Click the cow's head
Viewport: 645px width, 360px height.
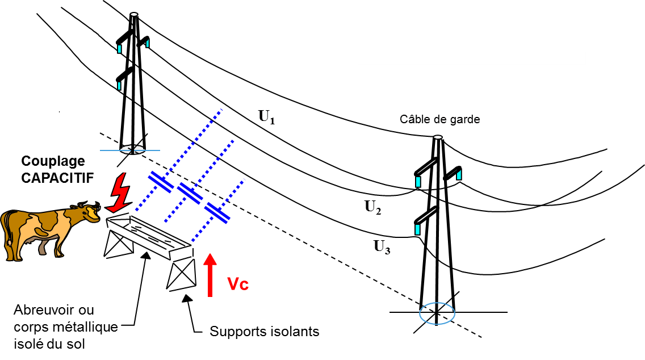point(89,214)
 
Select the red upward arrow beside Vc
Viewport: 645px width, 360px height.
point(210,275)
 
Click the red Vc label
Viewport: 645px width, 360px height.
point(238,283)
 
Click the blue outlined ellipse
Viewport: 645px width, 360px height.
point(437,313)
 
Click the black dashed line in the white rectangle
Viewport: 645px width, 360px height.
point(298,239)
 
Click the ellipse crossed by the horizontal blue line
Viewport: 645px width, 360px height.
point(132,149)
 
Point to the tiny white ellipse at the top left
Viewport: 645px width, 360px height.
point(134,14)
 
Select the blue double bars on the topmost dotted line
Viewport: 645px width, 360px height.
point(161,182)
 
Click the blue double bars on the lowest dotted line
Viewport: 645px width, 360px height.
point(217,213)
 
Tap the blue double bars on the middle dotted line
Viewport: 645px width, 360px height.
point(190,194)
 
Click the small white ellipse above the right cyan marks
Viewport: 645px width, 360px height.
point(438,137)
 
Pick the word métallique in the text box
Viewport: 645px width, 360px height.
point(79,326)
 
